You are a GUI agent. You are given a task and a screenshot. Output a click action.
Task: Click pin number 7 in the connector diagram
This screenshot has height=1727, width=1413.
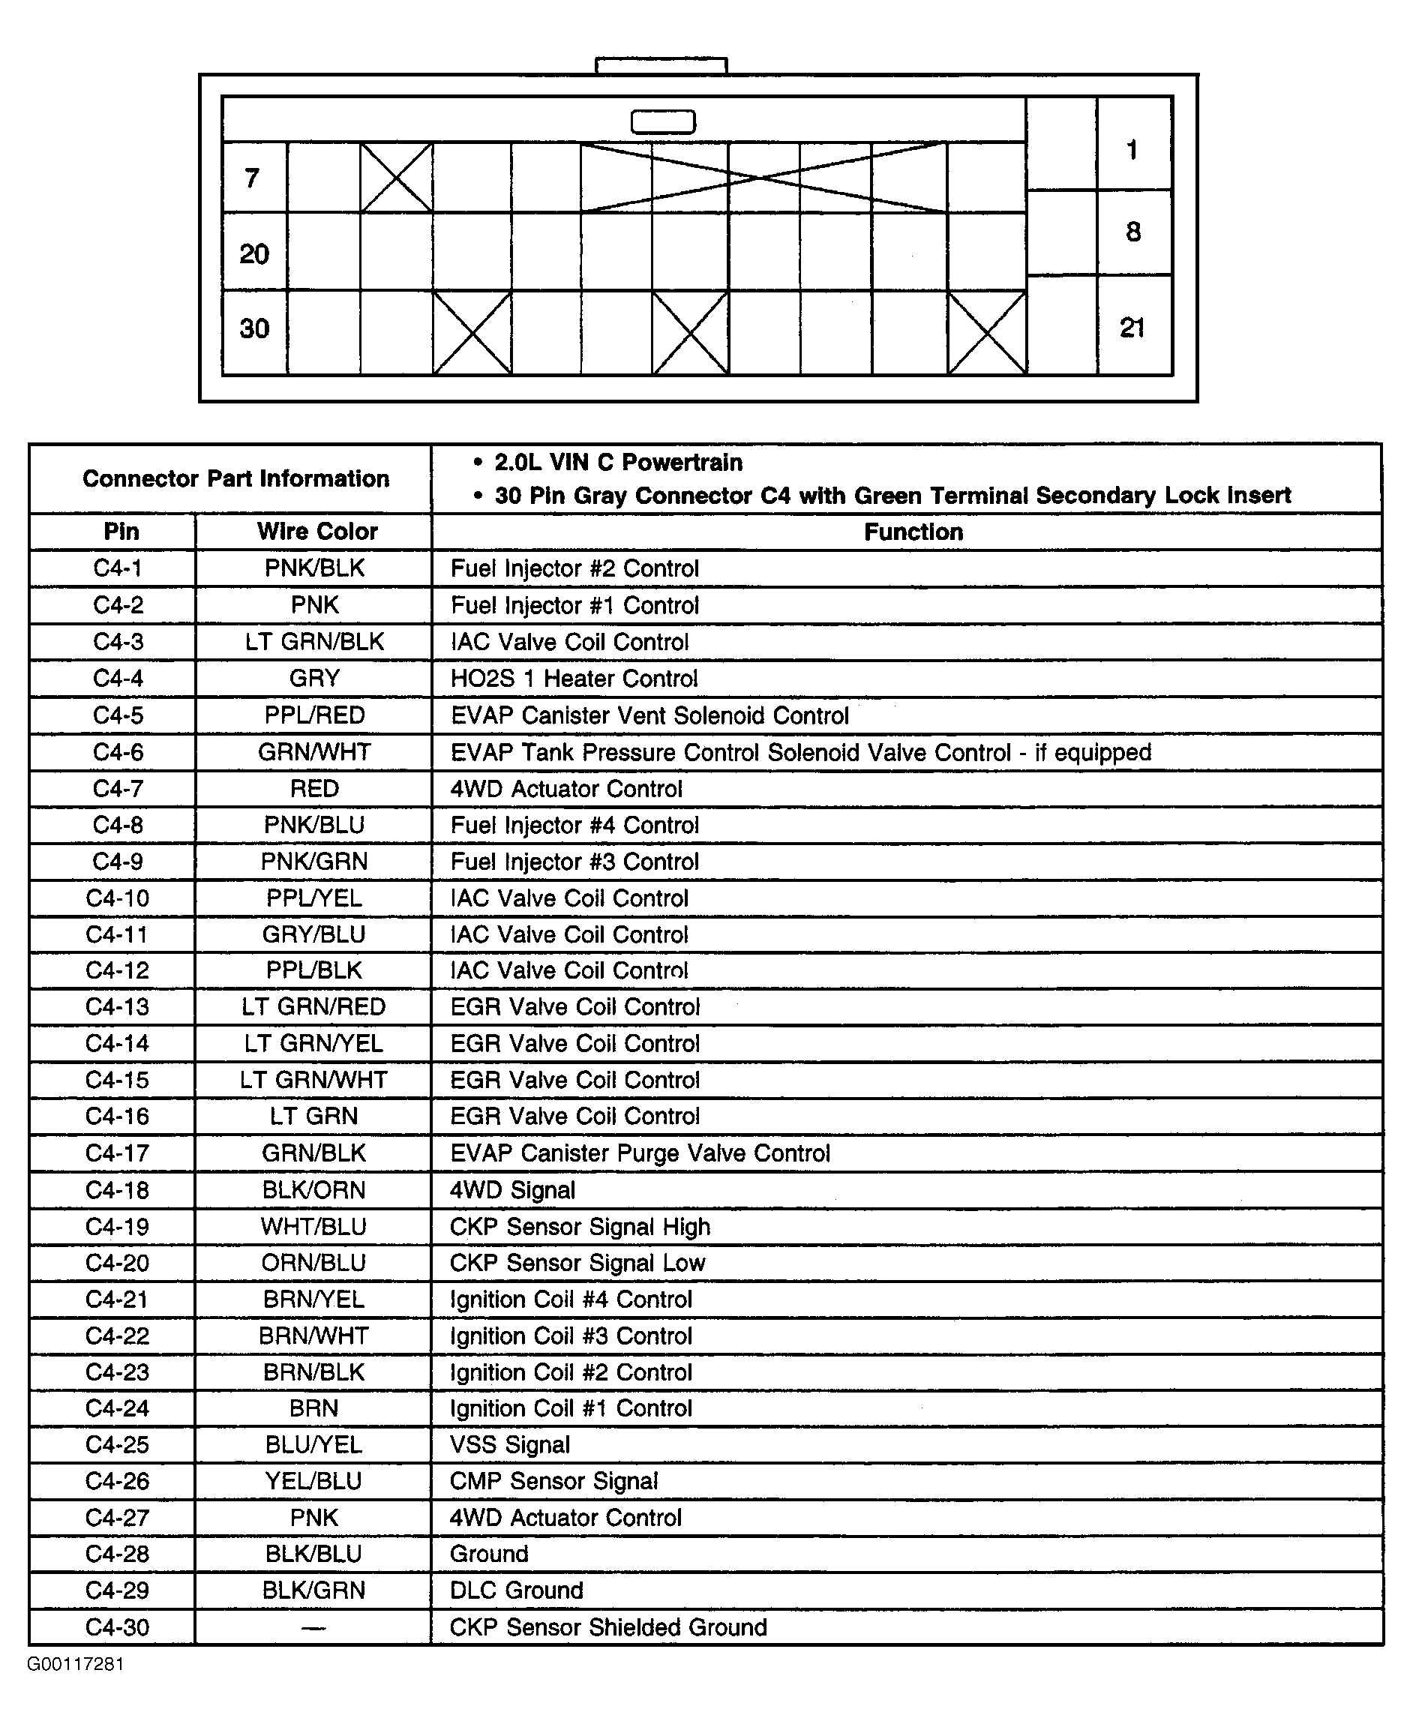click(x=252, y=178)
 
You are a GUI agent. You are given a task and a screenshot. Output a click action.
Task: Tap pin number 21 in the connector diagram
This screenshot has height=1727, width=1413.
click(x=1132, y=327)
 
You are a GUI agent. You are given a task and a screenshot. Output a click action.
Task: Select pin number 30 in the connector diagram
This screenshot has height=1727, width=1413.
click(x=254, y=328)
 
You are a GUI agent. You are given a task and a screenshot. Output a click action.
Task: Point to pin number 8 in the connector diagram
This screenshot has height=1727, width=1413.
click(x=1133, y=232)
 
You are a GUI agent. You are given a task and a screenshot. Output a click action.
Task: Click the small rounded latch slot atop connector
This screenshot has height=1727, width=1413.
click(x=662, y=122)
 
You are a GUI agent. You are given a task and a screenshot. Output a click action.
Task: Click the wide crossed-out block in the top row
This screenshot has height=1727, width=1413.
click(x=763, y=178)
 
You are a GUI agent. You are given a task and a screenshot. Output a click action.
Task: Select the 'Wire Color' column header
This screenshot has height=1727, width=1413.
click(x=316, y=532)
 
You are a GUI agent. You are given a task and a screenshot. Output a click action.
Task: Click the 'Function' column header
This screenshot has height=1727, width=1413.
click(x=913, y=532)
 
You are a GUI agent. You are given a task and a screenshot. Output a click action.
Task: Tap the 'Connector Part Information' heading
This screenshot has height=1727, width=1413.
click(x=235, y=478)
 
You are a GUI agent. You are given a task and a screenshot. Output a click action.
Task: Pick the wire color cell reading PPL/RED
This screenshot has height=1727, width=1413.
click(x=314, y=715)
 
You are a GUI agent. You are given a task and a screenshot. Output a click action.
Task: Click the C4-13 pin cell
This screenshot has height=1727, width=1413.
click(x=117, y=1007)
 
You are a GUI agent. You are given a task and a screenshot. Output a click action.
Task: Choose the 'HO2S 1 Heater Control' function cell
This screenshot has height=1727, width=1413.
click(x=574, y=679)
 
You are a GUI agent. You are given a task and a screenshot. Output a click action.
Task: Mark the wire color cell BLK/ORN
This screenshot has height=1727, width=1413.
click(x=313, y=1190)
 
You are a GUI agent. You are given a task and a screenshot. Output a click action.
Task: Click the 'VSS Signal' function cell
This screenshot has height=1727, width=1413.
click(x=509, y=1444)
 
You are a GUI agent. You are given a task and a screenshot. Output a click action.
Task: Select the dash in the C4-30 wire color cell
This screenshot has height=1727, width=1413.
click(x=313, y=1628)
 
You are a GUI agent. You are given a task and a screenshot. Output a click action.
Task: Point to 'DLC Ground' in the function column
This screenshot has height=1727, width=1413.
click(x=516, y=1591)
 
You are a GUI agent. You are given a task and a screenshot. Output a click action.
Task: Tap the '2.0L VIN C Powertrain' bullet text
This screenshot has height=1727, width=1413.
click(x=618, y=462)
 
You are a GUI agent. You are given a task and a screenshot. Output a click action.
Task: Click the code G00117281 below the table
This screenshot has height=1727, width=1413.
click(x=75, y=1663)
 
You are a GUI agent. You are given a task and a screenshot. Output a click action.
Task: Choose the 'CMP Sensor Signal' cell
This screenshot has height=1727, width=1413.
click(x=553, y=1481)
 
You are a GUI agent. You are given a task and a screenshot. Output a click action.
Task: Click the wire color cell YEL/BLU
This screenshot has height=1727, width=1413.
click(x=313, y=1481)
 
